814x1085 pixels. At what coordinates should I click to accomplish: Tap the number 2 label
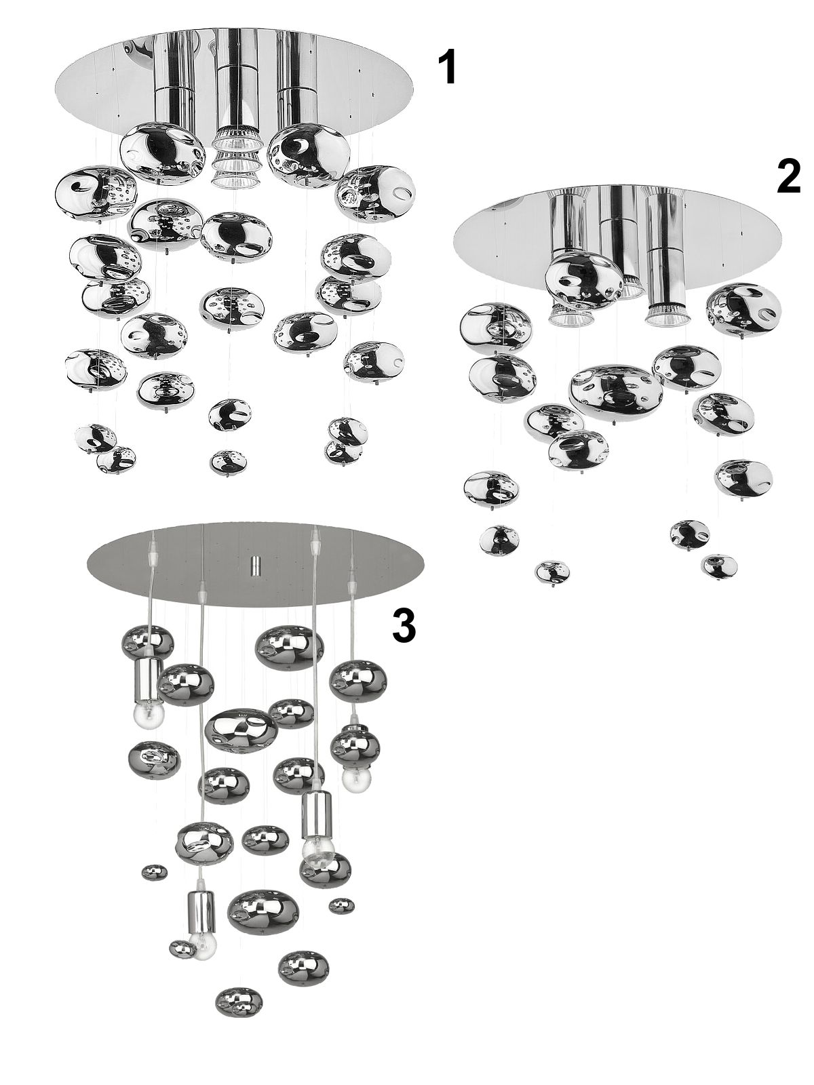pyautogui.click(x=788, y=177)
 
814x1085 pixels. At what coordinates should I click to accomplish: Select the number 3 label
pyautogui.click(x=404, y=625)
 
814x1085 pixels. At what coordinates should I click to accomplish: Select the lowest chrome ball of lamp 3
pyautogui.click(x=239, y=1001)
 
